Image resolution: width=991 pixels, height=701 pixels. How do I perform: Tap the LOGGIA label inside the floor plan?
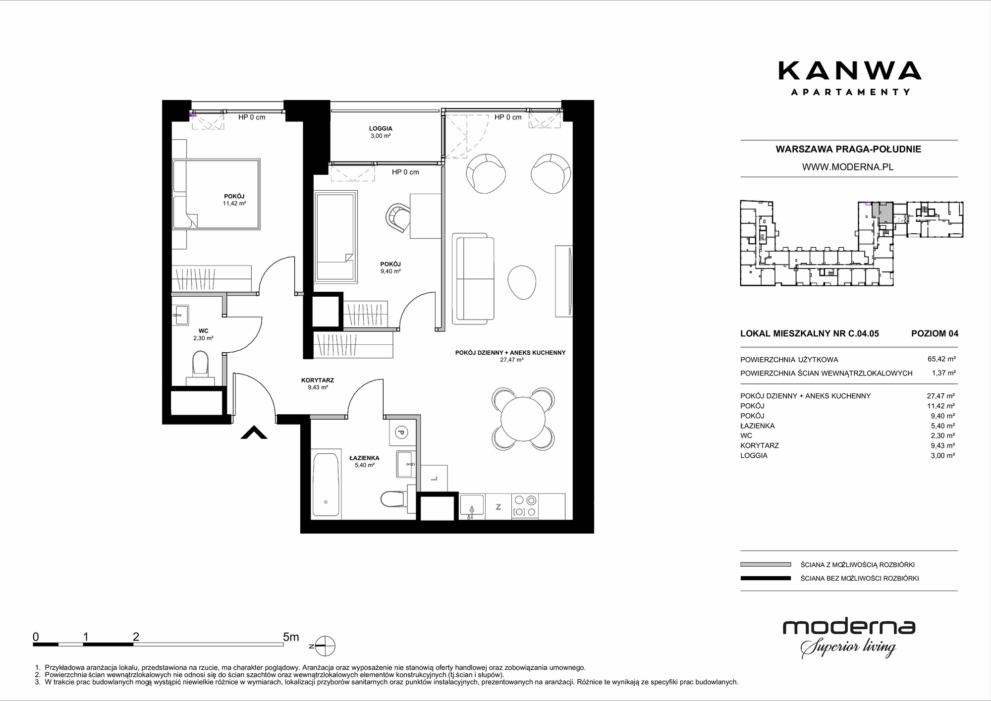coord(381,129)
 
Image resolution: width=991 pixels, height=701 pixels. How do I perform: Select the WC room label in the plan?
coord(203,331)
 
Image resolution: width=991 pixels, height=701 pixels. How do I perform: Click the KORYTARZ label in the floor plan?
coord(318,380)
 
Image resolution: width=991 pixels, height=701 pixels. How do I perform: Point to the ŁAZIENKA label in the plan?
coord(364,458)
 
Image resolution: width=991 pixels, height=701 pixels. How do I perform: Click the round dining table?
coord(523,419)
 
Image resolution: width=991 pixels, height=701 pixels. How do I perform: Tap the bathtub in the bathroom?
coord(326,484)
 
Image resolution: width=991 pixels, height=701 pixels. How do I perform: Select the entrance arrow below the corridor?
coord(254,432)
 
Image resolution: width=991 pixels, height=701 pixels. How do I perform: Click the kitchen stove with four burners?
coord(525,506)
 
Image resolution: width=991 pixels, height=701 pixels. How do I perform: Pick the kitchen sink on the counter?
coord(472,506)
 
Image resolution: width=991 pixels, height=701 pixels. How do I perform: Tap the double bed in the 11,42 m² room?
coord(217,194)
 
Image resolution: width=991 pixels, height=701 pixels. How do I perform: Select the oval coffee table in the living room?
coord(522,282)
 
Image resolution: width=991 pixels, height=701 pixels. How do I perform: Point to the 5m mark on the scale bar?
coord(291,637)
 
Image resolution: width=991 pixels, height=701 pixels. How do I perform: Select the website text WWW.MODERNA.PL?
coord(848,167)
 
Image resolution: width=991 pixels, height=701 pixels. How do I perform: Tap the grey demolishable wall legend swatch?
coord(766,564)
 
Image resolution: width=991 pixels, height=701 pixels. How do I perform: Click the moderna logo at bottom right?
coord(849,639)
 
